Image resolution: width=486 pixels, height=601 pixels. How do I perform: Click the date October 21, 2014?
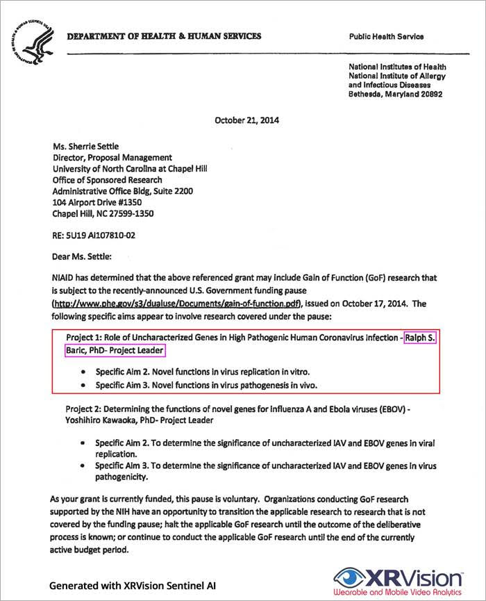[242, 120]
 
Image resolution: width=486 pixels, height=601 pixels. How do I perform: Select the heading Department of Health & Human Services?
[164, 36]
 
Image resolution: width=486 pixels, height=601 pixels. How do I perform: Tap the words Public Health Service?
[387, 37]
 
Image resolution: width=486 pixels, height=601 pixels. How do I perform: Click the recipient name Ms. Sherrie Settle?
[87, 147]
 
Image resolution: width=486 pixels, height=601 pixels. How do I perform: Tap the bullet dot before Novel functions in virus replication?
[85, 372]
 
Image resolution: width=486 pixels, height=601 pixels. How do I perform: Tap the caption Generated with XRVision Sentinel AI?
[132, 586]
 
